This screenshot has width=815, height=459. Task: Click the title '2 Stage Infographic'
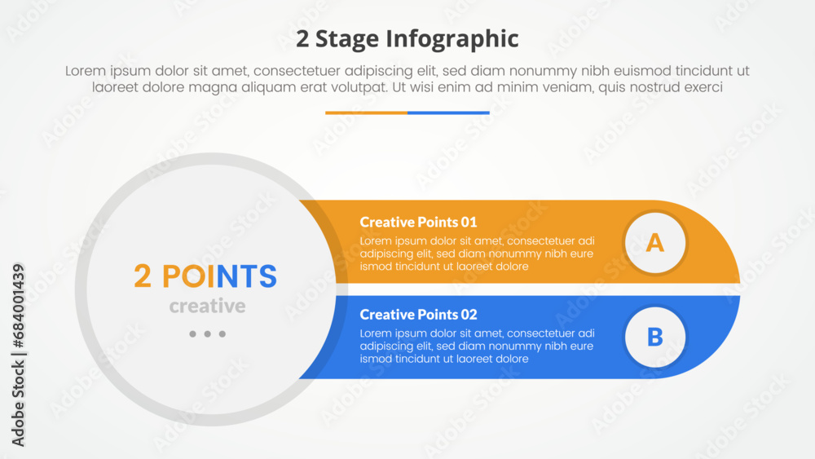pyautogui.click(x=407, y=38)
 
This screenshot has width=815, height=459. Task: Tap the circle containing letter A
pyautogui.click(x=654, y=242)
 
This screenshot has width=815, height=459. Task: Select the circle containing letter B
pyautogui.click(x=654, y=337)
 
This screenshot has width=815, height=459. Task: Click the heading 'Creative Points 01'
pyautogui.click(x=418, y=222)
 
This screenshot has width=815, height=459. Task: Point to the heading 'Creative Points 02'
pyautogui.click(x=418, y=315)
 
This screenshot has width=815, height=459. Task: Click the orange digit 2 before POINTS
pyautogui.click(x=143, y=277)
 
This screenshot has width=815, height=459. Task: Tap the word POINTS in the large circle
pyautogui.click(x=219, y=277)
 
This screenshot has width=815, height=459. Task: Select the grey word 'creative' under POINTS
pyautogui.click(x=207, y=307)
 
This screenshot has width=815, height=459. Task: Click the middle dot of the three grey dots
pyautogui.click(x=207, y=334)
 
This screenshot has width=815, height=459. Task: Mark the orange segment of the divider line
pyautogui.click(x=366, y=113)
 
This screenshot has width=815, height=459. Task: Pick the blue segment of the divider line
pyautogui.click(x=448, y=113)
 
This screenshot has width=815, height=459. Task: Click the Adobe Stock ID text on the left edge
pyautogui.click(x=18, y=355)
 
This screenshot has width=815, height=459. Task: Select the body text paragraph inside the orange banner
pyautogui.click(x=477, y=254)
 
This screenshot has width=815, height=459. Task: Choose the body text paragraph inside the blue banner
pyautogui.click(x=477, y=346)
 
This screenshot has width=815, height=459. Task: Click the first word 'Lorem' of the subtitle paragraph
pyautogui.click(x=86, y=72)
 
